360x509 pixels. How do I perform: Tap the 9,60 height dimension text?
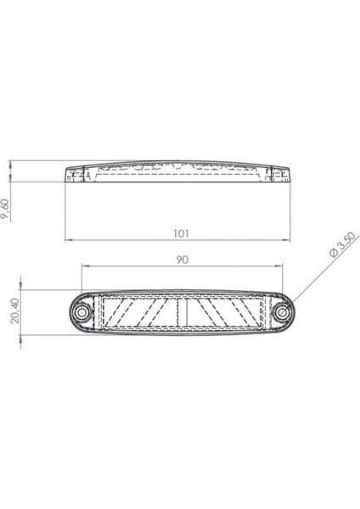pyautogui.click(x=8, y=204)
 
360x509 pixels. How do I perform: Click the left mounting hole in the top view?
pyautogui.click(x=82, y=314)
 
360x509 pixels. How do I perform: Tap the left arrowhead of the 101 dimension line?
pyautogui.click(x=69, y=239)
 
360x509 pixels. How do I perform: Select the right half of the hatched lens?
pyautogui.click(x=222, y=314)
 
